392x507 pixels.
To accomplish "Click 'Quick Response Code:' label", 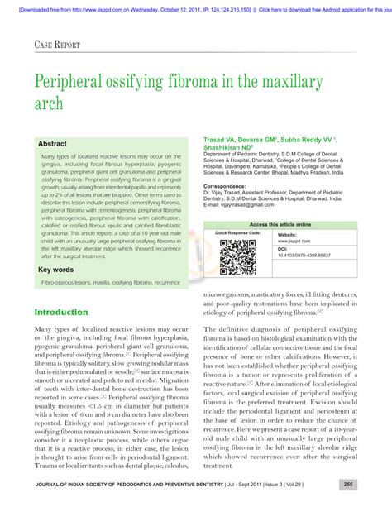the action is [238, 234].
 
